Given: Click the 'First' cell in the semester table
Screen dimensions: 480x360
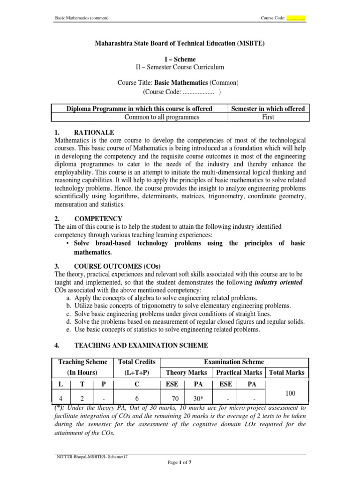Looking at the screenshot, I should pyautogui.click(x=268, y=117).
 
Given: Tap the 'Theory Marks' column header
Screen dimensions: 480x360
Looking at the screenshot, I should pyautogui.click(x=186, y=373).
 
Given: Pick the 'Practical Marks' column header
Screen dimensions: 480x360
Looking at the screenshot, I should pyautogui.click(x=239, y=373).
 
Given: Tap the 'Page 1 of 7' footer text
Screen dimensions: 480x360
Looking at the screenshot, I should pyautogui.click(x=180, y=462).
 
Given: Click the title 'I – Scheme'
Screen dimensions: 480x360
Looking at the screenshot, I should pyautogui.click(x=180, y=60).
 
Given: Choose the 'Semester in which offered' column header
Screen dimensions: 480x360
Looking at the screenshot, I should pyautogui.click(x=268, y=109).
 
